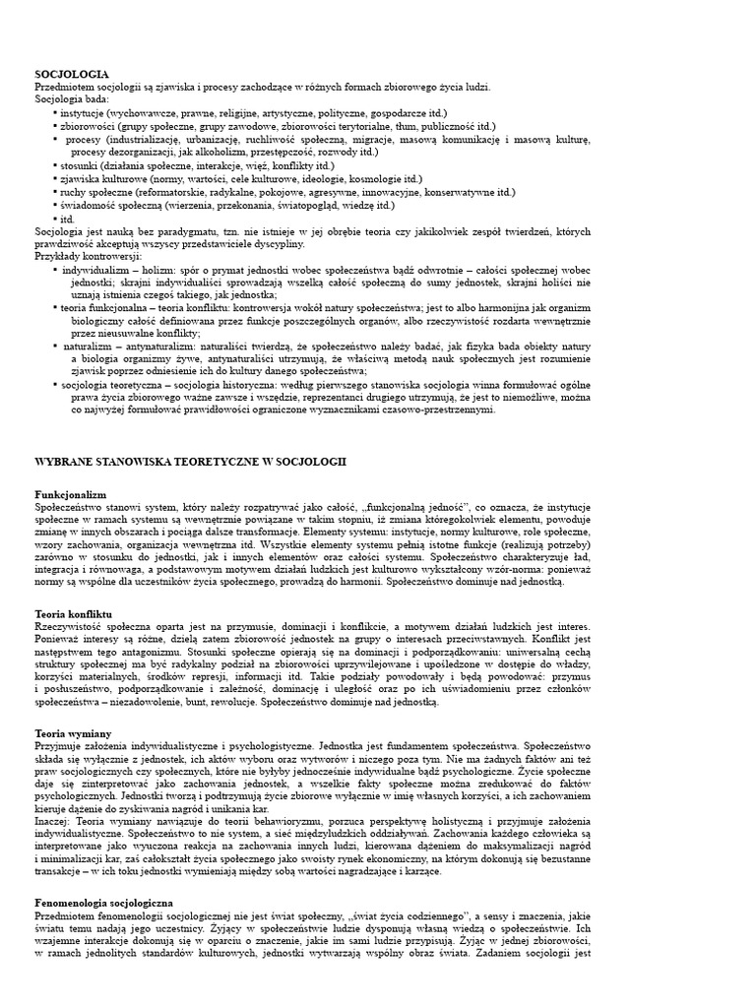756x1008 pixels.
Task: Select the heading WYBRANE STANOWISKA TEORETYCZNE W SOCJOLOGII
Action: [x=190, y=462]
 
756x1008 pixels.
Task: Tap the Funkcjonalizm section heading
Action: [x=70, y=494]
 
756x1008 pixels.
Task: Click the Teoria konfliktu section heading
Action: [x=75, y=614]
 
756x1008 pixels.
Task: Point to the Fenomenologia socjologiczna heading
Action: [x=103, y=902]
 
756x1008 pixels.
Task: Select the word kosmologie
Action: [x=364, y=179]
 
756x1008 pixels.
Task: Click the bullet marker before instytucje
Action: [x=54, y=113]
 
